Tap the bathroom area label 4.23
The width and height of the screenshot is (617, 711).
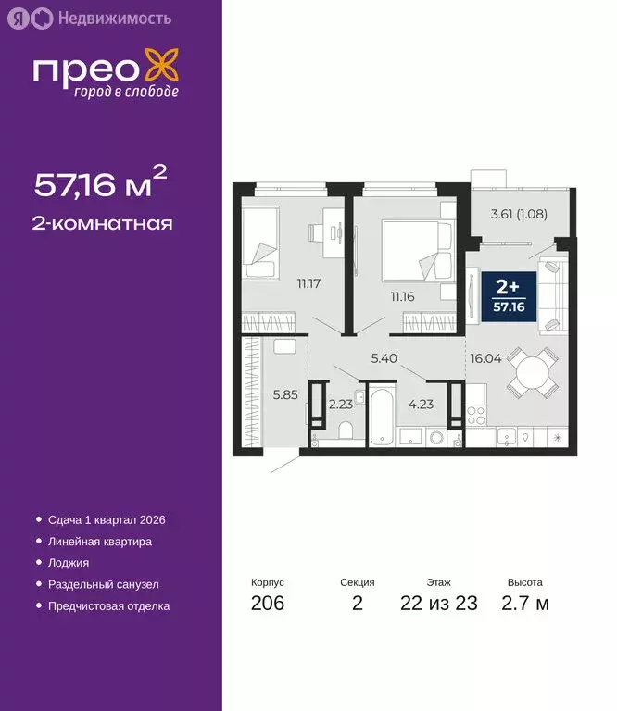coord(422,403)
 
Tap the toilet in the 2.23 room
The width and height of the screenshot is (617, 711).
coord(344,431)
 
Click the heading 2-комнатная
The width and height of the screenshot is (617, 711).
coord(104,223)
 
